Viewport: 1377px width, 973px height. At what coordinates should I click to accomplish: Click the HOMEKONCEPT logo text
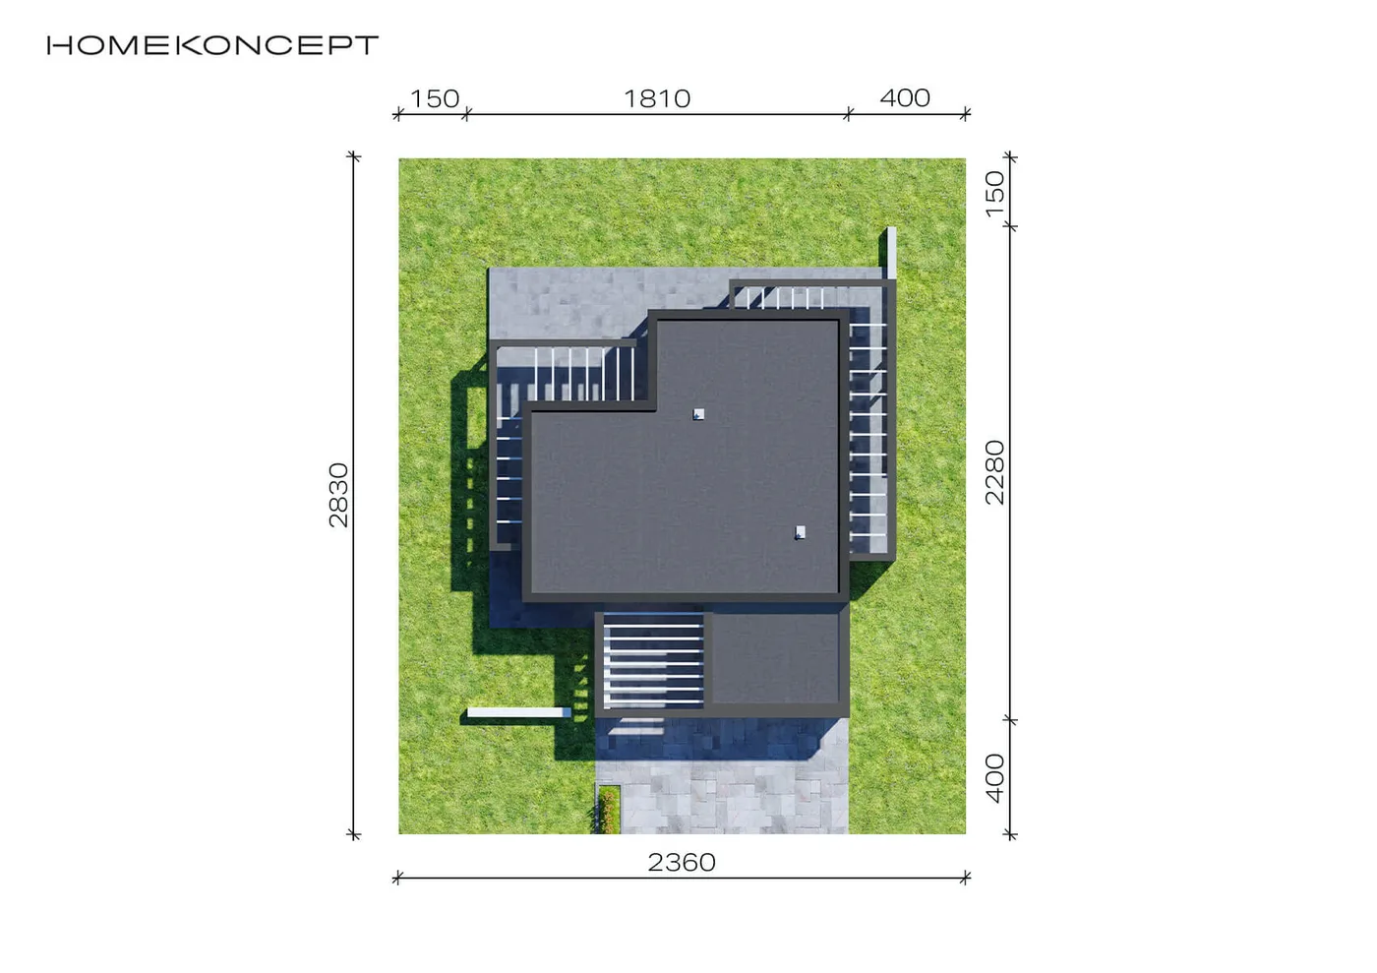click(x=212, y=45)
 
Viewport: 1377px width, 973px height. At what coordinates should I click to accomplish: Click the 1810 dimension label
click(x=657, y=98)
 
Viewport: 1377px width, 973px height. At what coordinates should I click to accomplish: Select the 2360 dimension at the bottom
click(x=682, y=862)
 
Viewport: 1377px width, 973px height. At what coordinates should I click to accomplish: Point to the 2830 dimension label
click(x=338, y=495)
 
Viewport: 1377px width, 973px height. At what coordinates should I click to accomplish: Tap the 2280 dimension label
click(x=994, y=472)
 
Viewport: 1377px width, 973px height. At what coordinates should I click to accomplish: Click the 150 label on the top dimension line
click(x=435, y=98)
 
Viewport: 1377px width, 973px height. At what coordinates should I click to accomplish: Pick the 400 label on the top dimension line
click(x=905, y=97)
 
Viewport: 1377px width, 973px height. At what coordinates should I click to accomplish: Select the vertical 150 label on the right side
click(x=994, y=194)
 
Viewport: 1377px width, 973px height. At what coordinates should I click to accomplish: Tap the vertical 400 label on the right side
click(x=994, y=778)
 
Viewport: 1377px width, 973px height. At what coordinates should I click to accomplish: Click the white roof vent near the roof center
click(x=698, y=414)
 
